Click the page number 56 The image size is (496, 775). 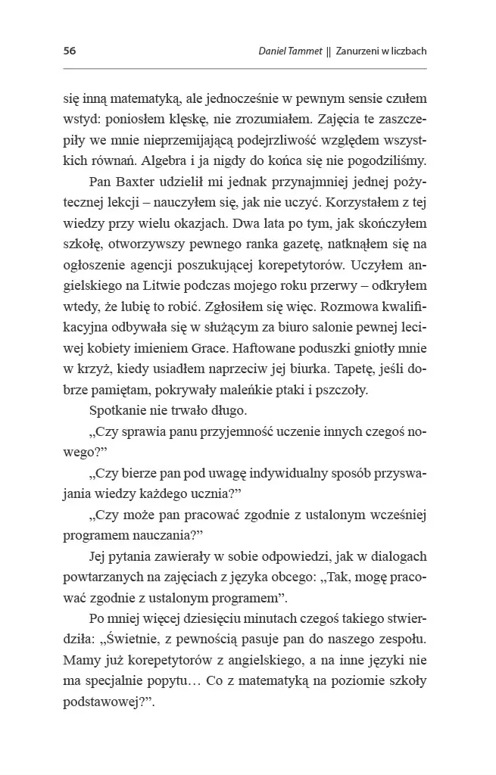pyautogui.click(x=70, y=51)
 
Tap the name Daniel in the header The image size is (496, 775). pyautogui.click(x=274, y=51)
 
